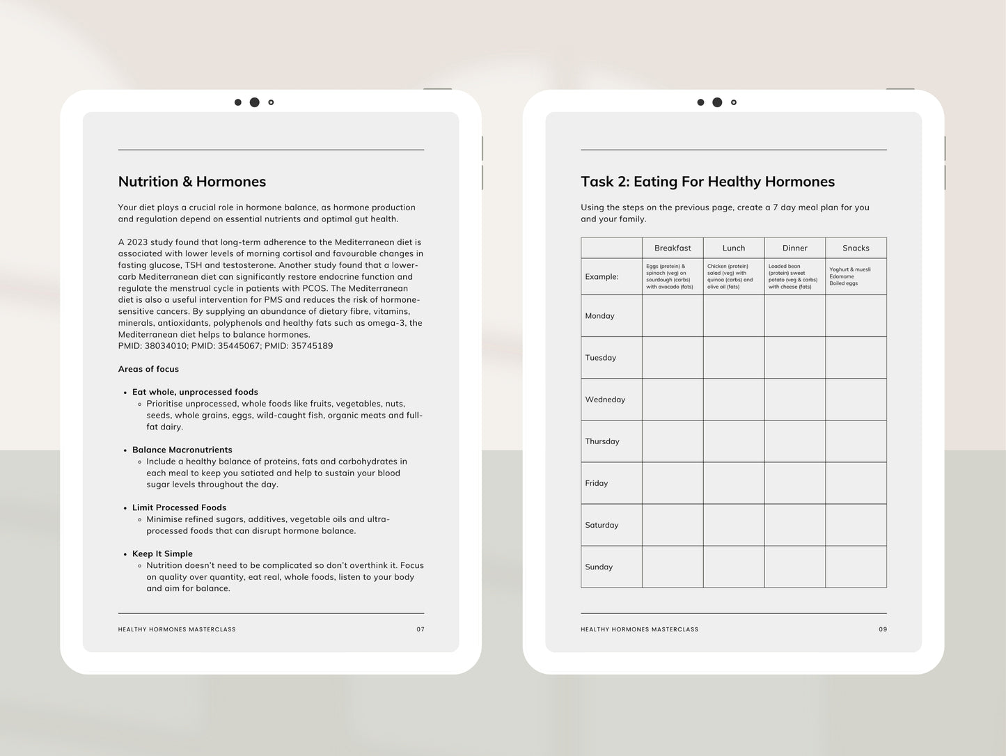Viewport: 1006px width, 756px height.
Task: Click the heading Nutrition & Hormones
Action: point(192,182)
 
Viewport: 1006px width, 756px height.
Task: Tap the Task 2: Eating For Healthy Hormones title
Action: point(707,182)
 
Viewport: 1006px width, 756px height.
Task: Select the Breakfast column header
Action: point(673,248)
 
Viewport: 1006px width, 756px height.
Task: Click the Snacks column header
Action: point(856,248)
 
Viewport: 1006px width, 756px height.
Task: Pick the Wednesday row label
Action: point(605,400)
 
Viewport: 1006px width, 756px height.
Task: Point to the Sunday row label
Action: point(599,567)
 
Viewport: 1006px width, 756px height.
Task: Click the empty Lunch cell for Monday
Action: point(734,315)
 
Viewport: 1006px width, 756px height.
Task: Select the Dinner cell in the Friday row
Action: point(794,483)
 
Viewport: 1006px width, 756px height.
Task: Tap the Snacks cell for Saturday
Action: point(856,525)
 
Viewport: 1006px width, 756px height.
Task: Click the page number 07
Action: point(421,629)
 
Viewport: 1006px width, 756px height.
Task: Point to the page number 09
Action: point(883,629)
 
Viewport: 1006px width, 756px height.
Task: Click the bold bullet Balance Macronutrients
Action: point(182,450)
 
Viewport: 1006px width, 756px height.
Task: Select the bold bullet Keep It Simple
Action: point(162,553)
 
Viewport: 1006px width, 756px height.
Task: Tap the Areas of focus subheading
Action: point(148,369)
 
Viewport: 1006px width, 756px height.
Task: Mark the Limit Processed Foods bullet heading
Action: point(179,507)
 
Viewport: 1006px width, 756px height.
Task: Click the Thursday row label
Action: point(602,441)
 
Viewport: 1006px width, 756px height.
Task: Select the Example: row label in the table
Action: point(602,276)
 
